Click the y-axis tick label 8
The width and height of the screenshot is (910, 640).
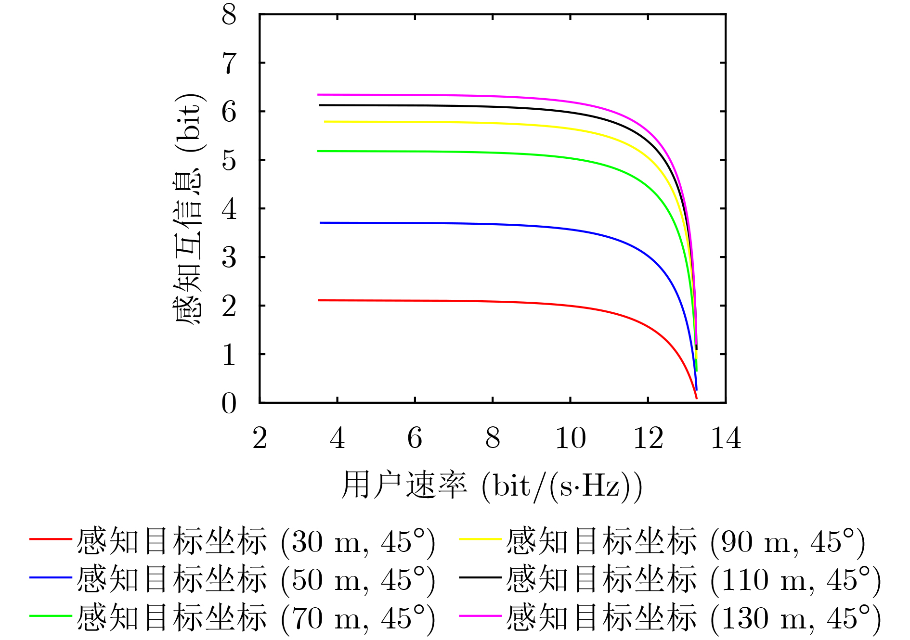pyautogui.click(x=229, y=14)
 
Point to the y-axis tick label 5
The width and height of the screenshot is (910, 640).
pyautogui.click(x=229, y=160)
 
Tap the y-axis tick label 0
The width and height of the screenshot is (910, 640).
pyautogui.click(x=229, y=403)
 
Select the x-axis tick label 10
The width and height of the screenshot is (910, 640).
pyautogui.click(x=570, y=438)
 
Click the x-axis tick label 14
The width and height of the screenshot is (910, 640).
pyautogui.click(x=726, y=438)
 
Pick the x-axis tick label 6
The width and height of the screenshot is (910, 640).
pyautogui.click(x=415, y=438)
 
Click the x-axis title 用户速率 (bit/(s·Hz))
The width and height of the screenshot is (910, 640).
pyautogui.click(x=491, y=485)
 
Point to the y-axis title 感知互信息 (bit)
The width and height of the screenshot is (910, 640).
pyautogui.click(x=189, y=209)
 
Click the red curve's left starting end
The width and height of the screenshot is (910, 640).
pyautogui.click(x=319, y=300)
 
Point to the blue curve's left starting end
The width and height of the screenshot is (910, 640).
pyautogui.click(x=321, y=223)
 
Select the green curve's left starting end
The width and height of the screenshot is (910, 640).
pyautogui.click(x=318, y=151)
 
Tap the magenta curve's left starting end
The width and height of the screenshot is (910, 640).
pyautogui.click(x=318, y=95)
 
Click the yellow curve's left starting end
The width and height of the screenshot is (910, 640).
pyautogui.click(x=325, y=122)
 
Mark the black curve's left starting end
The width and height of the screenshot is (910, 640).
pyautogui.click(x=320, y=105)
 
